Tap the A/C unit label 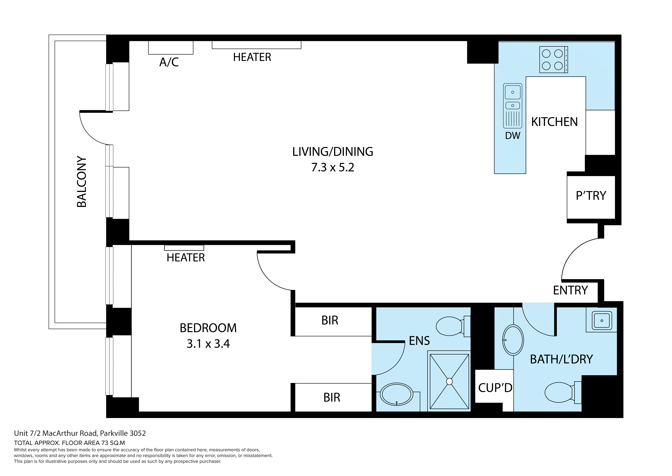pyautogui.click(x=169, y=62)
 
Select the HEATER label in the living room pyautogui.click(x=252, y=57)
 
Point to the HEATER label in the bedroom pyautogui.click(x=186, y=258)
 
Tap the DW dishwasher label pyautogui.click(x=513, y=136)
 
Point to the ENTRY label pyautogui.click(x=570, y=290)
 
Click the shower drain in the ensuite pyautogui.click(x=449, y=381)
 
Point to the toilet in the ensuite pyautogui.click(x=451, y=326)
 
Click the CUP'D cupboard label pyautogui.click(x=495, y=388)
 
